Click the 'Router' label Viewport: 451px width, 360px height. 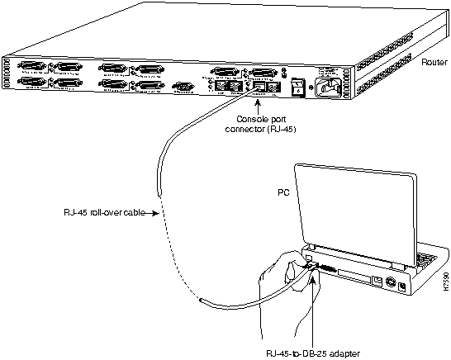pos(434,62)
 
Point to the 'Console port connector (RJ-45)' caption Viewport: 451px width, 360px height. pos(254,122)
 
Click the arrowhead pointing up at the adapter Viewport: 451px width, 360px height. pos(313,276)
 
